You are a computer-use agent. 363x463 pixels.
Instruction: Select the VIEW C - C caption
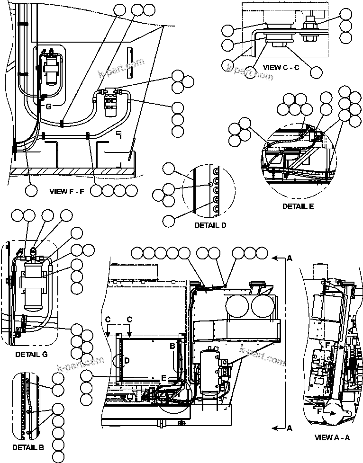pos(281,67)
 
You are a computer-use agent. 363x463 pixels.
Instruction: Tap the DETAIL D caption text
pos(210,225)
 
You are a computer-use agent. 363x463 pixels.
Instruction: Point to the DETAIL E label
pos(298,206)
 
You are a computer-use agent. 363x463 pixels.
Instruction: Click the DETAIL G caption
pos(31,354)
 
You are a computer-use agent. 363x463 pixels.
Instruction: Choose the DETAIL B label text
pos(28,447)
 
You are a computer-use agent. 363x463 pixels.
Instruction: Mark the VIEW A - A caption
pos(332,437)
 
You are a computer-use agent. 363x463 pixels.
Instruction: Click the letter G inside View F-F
pos(48,107)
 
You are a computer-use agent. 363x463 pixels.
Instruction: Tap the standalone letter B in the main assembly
pos(173,346)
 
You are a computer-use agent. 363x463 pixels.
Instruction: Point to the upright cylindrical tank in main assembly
pos(208,374)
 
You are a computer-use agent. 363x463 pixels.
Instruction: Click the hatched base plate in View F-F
pos(71,170)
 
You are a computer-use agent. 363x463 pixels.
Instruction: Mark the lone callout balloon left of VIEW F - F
pos(31,191)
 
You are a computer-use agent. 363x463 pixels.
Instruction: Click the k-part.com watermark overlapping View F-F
pos(121,69)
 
